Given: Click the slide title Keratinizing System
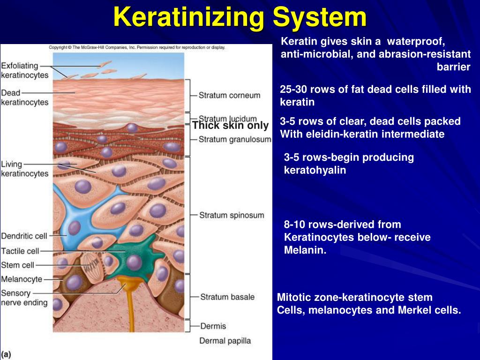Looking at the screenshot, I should pyautogui.click(x=240, y=17).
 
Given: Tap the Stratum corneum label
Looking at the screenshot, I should pyautogui.click(x=229, y=95).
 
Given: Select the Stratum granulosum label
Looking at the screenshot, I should pyautogui.click(x=235, y=139).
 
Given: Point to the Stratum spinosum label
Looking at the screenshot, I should pyautogui.click(x=232, y=216).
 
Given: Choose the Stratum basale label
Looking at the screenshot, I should pyautogui.click(x=227, y=297).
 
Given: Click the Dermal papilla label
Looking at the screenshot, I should pyautogui.click(x=225, y=341).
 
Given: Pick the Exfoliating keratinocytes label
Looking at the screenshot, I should pyautogui.click(x=25, y=70).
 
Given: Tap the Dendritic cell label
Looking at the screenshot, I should pyautogui.click(x=24, y=236).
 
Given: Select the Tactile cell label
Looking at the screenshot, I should pyautogui.click(x=20, y=251).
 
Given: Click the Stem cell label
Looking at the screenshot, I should pyautogui.click(x=17, y=265).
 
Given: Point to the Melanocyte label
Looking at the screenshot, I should pyautogui.click(x=22, y=279).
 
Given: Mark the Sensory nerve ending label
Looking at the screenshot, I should pyautogui.click(x=24, y=298).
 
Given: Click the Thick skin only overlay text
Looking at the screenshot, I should pyautogui.click(x=230, y=126).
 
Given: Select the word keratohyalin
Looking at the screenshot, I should pyautogui.click(x=315, y=170).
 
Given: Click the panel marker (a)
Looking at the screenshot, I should pyautogui.click(x=7, y=354).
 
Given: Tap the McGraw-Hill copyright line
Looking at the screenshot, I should pyautogui.click(x=137, y=47).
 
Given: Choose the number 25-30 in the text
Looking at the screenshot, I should pyautogui.click(x=294, y=90).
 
